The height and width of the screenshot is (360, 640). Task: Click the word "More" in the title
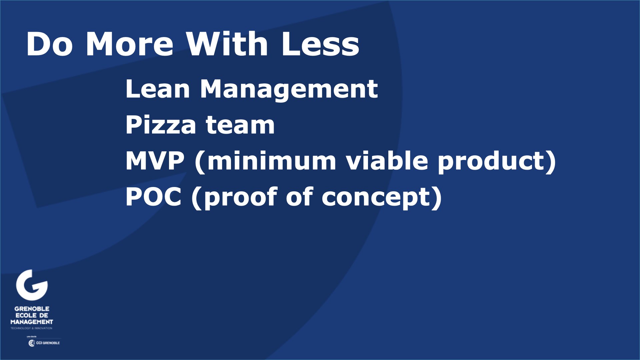coord(130,44)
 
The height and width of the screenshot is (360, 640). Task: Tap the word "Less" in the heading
coord(320,44)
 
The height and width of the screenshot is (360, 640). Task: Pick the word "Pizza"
coord(161,125)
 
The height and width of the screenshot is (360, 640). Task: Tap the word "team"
coord(240,125)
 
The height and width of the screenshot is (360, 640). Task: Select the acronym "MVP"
coord(155,161)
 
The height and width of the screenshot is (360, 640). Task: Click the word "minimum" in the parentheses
coord(271,161)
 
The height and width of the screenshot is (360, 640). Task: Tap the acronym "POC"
coord(154,197)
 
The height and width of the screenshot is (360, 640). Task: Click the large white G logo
coord(32,285)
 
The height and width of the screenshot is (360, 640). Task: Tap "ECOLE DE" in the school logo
coord(32,315)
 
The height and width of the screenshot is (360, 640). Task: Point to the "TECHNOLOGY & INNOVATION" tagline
coord(31,328)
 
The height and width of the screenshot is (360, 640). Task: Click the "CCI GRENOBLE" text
coord(48,343)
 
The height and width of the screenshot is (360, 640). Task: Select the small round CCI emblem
coord(32,343)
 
